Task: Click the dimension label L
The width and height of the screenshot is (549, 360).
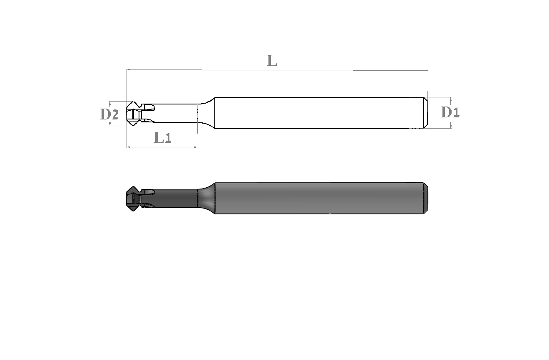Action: (x=272, y=60)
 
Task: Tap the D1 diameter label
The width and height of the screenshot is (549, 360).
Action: (x=450, y=112)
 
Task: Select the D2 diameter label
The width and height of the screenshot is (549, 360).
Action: (x=109, y=114)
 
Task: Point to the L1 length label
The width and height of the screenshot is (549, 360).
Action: (x=162, y=137)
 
